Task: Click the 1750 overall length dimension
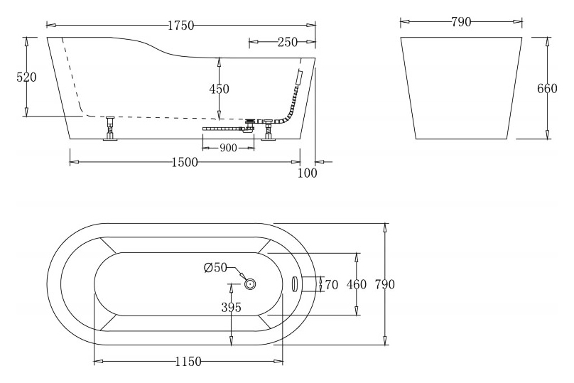[181, 26]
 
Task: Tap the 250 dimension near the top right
[288, 42]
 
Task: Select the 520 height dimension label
[27, 77]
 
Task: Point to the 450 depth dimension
[219, 89]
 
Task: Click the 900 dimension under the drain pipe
[229, 148]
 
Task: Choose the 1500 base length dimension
[185, 162]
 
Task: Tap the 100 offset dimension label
[307, 173]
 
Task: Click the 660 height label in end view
[547, 89]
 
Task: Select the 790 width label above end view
[461, 22]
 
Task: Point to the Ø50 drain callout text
[216, 268]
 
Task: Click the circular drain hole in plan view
[250, 284]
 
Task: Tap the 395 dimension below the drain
[231, 308]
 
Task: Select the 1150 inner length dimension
[188, 362]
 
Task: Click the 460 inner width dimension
[356, 284]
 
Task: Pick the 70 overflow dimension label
[332, 284]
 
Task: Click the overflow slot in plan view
[296, 284]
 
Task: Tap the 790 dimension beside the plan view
[385, 284]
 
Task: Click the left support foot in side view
[110, 128]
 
